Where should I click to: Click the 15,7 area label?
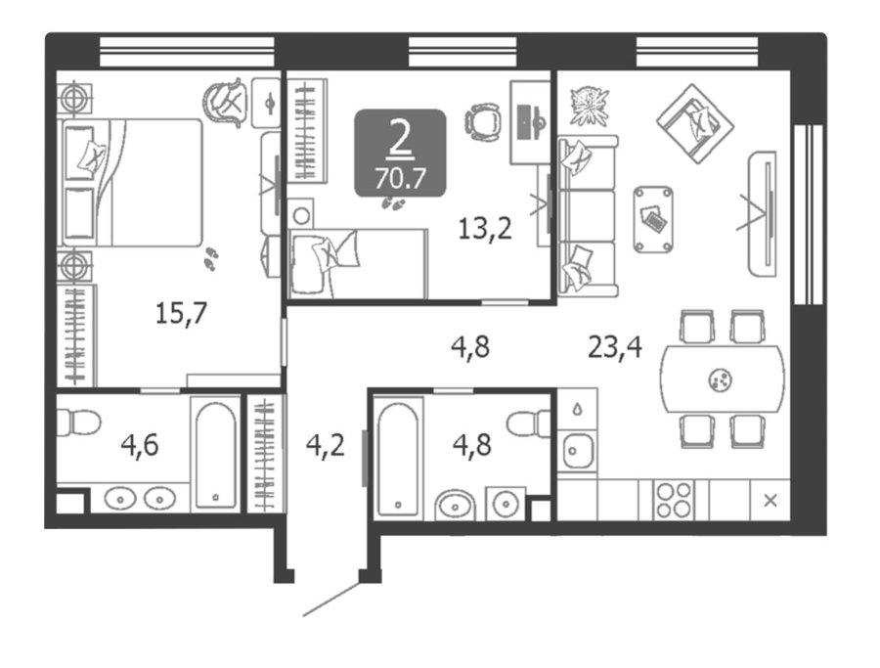[181, 313]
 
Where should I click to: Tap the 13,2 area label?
[485, 229]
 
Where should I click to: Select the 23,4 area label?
[615, 346]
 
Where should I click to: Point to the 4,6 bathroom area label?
[140, 445]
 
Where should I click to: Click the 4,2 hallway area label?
[325, 446]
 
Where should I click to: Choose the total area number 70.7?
[400, 179]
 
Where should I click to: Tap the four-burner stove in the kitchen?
[674, 500]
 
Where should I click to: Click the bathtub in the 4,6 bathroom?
[217, 454]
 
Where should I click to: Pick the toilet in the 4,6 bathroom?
[78, 422]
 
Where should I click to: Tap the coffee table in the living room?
[653, 219]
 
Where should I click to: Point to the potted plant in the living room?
[589, 105]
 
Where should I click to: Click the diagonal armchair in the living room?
[695, 123]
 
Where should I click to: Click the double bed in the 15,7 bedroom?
[131, 183]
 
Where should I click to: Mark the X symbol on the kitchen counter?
[770, 500]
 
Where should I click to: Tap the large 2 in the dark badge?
[400, 139]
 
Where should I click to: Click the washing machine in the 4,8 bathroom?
[506, 503]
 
